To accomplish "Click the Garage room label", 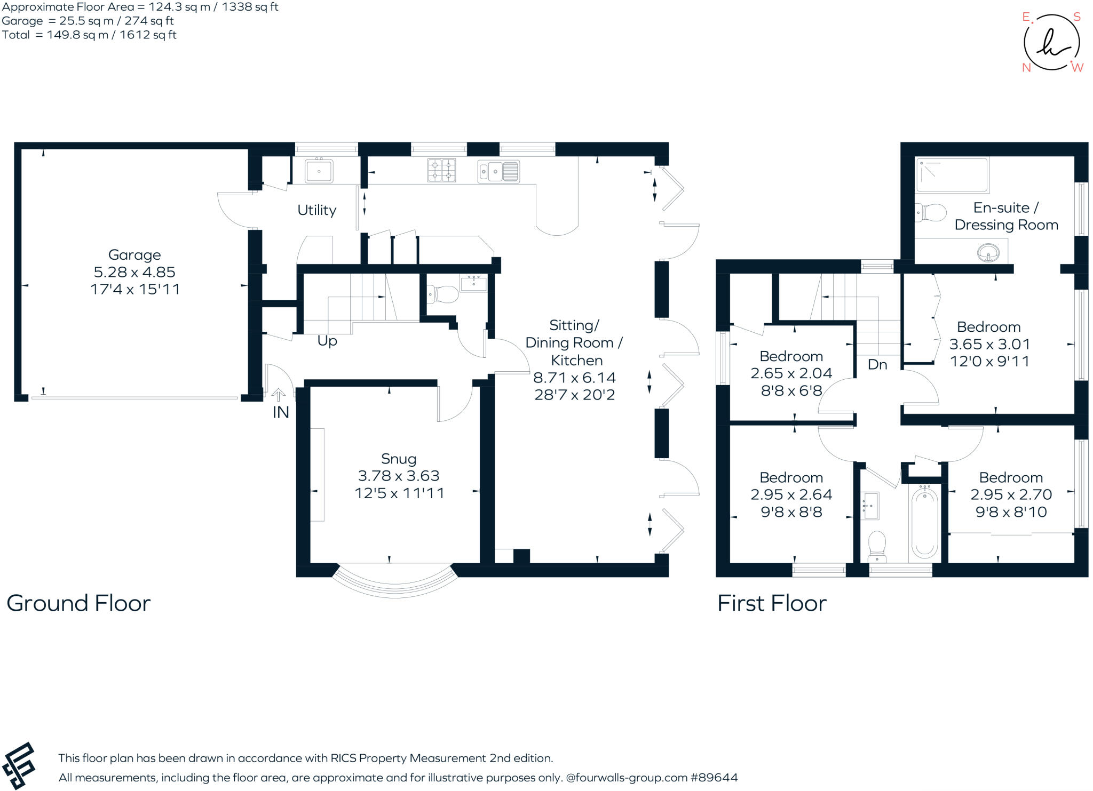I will coord(134,255).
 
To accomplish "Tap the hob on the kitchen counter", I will coord(441,171).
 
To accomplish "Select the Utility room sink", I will coord(319,171).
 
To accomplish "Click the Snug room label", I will coord(399,459).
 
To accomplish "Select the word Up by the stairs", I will coord(327,341).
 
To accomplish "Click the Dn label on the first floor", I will coord(877,365).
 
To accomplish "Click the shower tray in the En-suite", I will coord(952,175).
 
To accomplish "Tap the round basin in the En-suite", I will coord(988,252).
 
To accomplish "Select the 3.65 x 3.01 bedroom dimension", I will coord(989,344).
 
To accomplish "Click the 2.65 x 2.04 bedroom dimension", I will coord(791,373).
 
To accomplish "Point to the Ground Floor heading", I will coord(78,603).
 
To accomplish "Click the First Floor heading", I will coord(772,603).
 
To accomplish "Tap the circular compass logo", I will coord(1051,43).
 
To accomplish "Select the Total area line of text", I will coord(89,35).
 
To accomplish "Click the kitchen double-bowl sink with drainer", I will coord(498,172).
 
